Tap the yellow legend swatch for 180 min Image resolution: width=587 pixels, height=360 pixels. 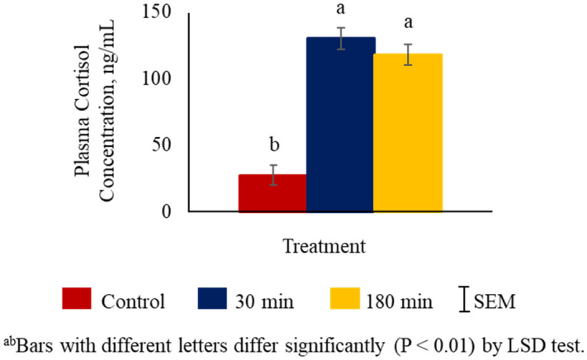coord(350,299)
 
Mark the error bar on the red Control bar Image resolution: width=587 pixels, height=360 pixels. coord(272,175)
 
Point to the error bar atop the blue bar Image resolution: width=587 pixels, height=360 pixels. coord(340,38)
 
